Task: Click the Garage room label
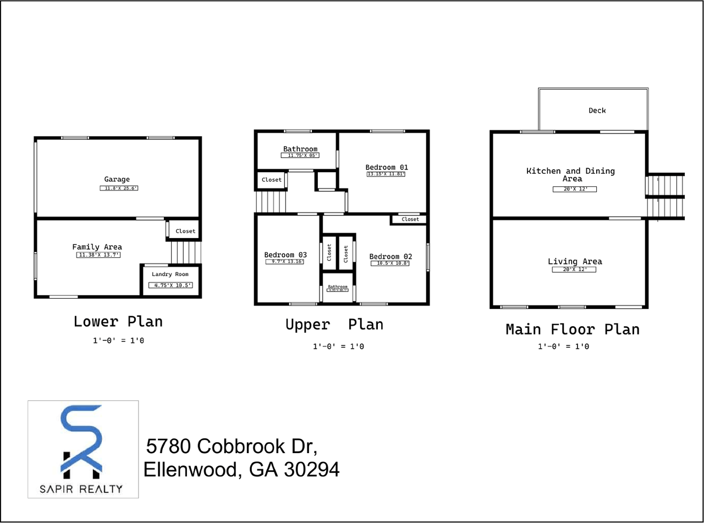117,179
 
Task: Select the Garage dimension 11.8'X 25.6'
119,188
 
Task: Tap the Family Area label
97,247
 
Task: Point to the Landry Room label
170,274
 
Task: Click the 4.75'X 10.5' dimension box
171,285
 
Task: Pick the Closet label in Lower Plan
185,231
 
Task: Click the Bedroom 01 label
387,167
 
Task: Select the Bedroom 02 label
391,256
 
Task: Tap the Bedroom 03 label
285,255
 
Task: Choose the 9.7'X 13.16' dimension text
285,262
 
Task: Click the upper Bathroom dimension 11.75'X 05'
300,156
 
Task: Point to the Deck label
597,111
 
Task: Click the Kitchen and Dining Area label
571,174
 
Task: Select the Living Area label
575,261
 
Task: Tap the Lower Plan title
118,321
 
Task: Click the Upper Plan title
334,324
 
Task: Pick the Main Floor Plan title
573,329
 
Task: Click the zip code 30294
312,470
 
